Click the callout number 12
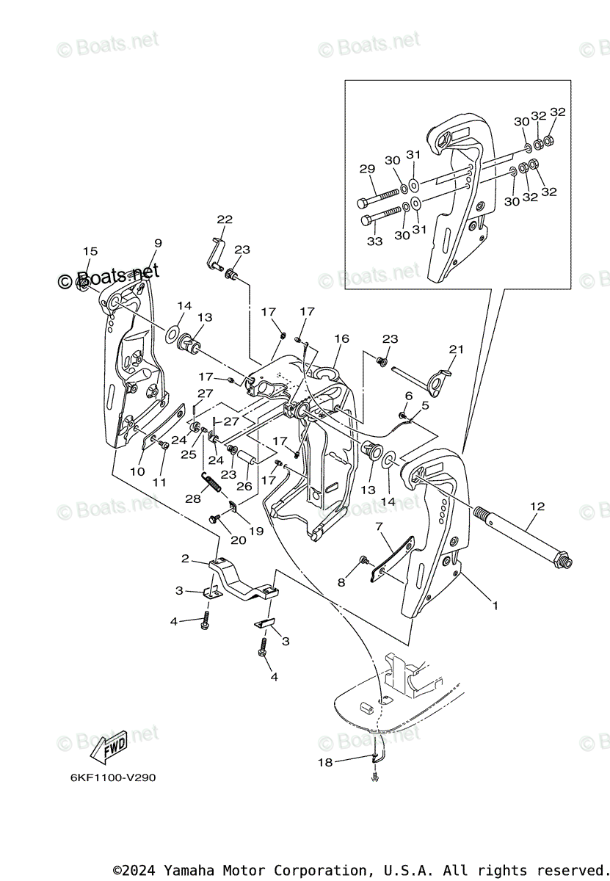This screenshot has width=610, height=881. point(537,506)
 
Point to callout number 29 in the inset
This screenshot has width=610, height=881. point(367,169)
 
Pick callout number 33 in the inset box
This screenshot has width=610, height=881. point(374,241)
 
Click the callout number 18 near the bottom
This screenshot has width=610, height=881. point(324,763)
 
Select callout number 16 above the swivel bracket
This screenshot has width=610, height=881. point(341,338)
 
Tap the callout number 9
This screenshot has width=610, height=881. point(158,243)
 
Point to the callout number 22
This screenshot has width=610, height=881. point(225,219)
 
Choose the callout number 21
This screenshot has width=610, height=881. point(457,349)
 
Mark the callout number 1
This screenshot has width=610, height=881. point(495,606)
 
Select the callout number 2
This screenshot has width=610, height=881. point(186,559)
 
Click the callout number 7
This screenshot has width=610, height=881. point(379,526)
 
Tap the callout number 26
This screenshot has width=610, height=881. point(244,486)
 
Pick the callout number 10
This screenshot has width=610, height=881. point(137,471)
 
